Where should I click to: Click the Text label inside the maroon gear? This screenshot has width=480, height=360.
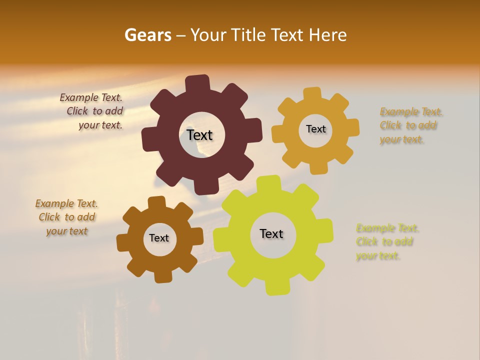(199, 135)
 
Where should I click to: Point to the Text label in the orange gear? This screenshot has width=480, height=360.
(315, 129)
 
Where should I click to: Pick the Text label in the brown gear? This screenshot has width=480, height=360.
(158, 238)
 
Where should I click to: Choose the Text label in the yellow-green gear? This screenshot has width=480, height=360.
(271, 233)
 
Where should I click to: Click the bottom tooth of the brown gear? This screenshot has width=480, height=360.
(162, 275)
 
